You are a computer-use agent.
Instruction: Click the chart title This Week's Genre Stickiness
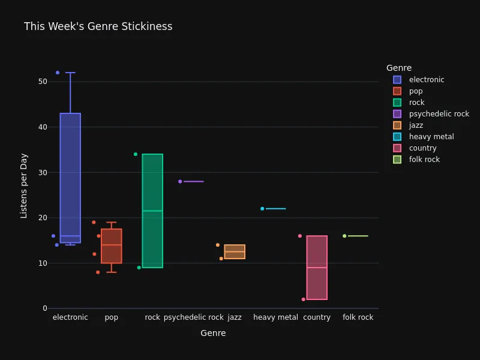point(98,26)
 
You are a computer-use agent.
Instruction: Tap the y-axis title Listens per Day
point(24,185)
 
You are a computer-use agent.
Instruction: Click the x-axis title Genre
point(213,333)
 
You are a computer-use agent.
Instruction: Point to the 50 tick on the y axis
point(42,82)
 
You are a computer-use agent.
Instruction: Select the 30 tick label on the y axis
point(42,172)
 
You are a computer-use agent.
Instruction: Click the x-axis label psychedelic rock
point(193,317)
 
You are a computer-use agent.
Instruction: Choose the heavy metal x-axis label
point(275,317)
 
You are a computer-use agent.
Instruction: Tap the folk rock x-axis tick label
point(358,317)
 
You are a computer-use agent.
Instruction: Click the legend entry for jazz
point(416,125)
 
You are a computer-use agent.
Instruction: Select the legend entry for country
point(422,148)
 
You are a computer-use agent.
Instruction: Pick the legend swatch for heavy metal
point(397,137)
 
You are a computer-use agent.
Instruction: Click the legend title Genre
point(399,68)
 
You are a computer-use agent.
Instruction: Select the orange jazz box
point(235,252)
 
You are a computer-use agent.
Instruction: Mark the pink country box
point(317,268)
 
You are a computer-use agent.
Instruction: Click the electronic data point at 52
point(58,73)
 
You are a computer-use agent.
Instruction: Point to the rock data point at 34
point(136,154)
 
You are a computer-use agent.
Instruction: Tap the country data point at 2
point(304,299)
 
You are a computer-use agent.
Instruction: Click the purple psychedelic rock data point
point(180,181)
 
